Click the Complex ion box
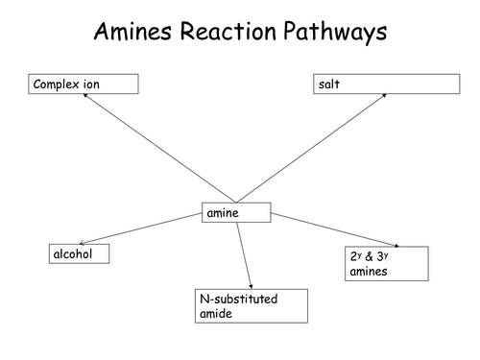click(x=84, y=84)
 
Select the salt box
click(x=384, y=84)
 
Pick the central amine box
click(x=236, y=213)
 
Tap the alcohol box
click(x=78, y=253)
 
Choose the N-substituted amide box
click(x=250, y=306)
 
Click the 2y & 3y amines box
click(x=385, y=263)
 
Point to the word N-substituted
click(x=237, y=300)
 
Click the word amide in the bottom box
click(x=213, y=314)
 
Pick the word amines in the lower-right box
click(x=367, y=272)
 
